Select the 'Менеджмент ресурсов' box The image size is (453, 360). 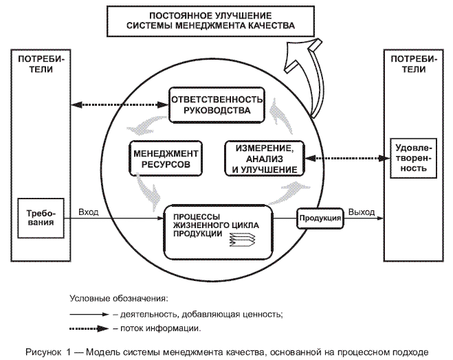coord(165,158)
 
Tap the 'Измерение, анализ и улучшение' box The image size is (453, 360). coord(261,158)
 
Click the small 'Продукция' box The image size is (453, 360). coord(320,218)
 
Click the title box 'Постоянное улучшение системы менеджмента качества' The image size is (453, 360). coord(211,21)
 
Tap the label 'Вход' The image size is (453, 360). coord(89,211)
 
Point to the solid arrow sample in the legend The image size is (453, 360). coord(89,313)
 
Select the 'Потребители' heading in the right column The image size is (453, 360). coord(411,64)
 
